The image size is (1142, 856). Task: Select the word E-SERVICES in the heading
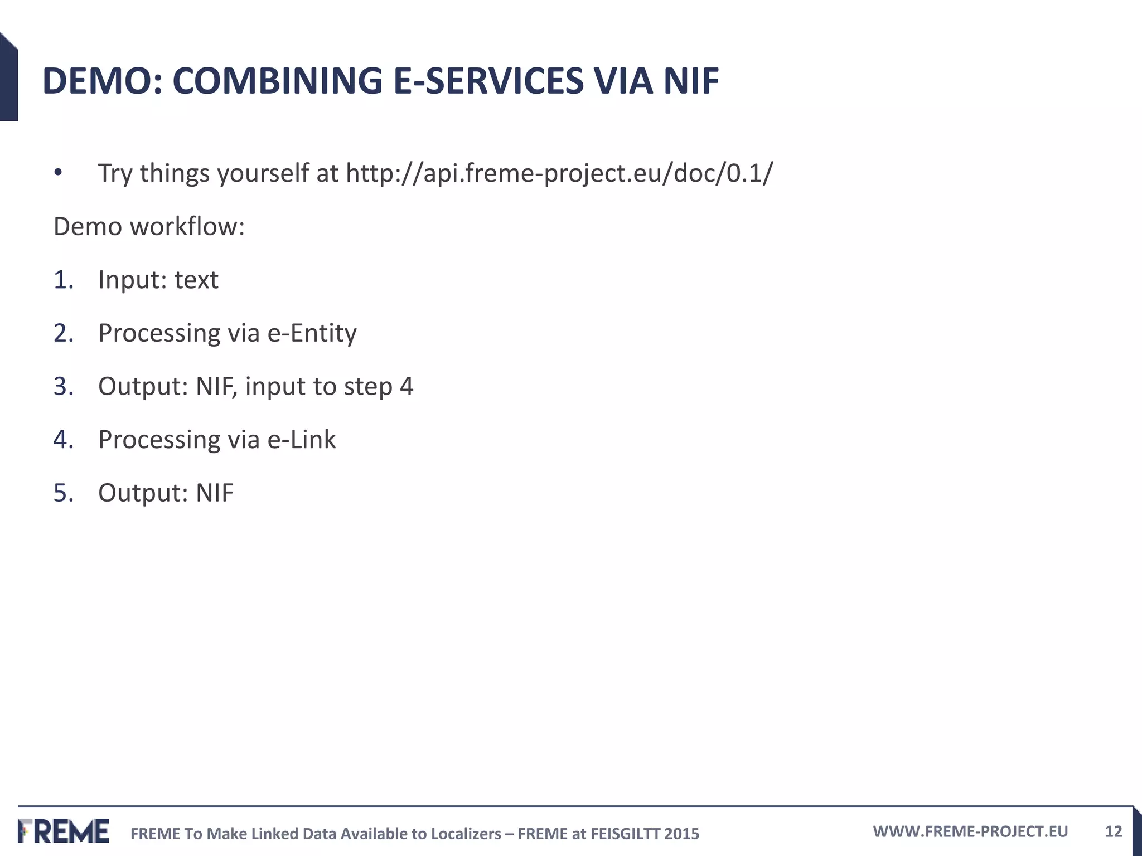coord(488,81)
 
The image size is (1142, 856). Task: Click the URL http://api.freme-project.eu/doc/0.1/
coord(559,173)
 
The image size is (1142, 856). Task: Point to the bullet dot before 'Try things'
coord(58,173)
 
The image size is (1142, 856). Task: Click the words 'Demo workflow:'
coord(149,227)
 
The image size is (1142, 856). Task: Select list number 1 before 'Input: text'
coord(63,280)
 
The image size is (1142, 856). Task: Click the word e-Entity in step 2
coord(312,333)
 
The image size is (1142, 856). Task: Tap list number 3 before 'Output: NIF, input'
coord(63,387)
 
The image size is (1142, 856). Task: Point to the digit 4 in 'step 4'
coord(407,387)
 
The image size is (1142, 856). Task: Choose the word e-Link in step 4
coord(301,440)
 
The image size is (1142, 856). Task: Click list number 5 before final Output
coord(63,493)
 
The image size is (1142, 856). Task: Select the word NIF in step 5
coord(214,493)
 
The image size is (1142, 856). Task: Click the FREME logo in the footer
coord(64,831)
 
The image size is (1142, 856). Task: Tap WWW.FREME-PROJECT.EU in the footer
coord(970,831)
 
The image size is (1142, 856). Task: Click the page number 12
coord(1113,831)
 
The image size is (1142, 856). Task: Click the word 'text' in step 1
coord(196,280)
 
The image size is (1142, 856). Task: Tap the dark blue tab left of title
coord(8,78)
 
